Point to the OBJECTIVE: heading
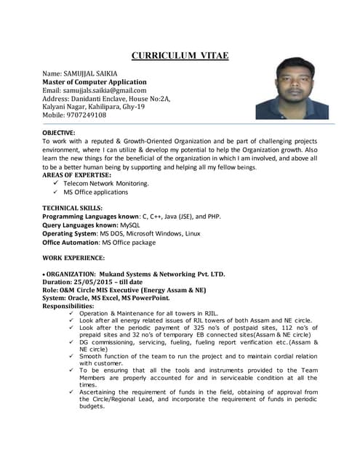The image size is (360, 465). click(x=59, y=133)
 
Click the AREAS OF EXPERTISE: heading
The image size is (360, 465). click(x=77, y=175)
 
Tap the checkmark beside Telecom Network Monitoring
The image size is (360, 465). click(x=56, y=184)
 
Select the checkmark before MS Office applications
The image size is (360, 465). click(x=56, y=193)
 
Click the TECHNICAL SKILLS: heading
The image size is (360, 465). click(x=73, y=209)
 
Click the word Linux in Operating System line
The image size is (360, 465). click(x=192, y=234)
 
